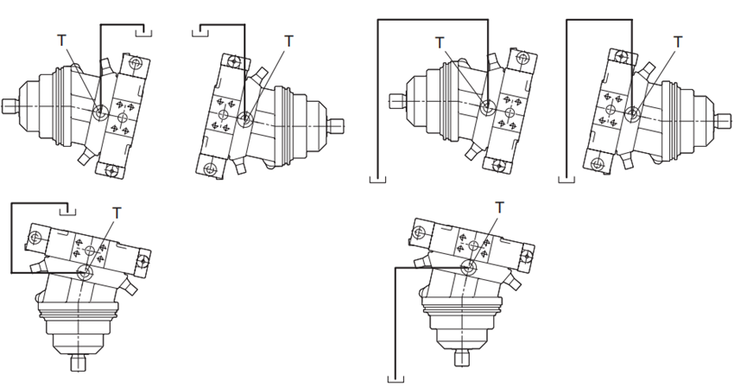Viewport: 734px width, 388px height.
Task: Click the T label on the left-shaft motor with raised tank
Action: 60,40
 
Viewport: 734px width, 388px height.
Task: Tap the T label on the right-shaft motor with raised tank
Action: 288,40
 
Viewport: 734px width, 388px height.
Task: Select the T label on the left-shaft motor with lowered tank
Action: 440,41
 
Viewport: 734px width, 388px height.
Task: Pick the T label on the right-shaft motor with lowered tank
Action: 678,41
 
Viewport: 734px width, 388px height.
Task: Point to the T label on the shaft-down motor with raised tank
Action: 117,211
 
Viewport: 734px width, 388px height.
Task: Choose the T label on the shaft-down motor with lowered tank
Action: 499,206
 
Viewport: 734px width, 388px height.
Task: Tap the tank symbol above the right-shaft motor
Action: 199,32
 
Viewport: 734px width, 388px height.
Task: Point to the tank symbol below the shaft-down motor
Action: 396,378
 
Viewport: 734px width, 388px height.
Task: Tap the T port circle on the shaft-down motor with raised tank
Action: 85,273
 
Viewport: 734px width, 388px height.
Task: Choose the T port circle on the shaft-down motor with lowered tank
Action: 467,267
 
